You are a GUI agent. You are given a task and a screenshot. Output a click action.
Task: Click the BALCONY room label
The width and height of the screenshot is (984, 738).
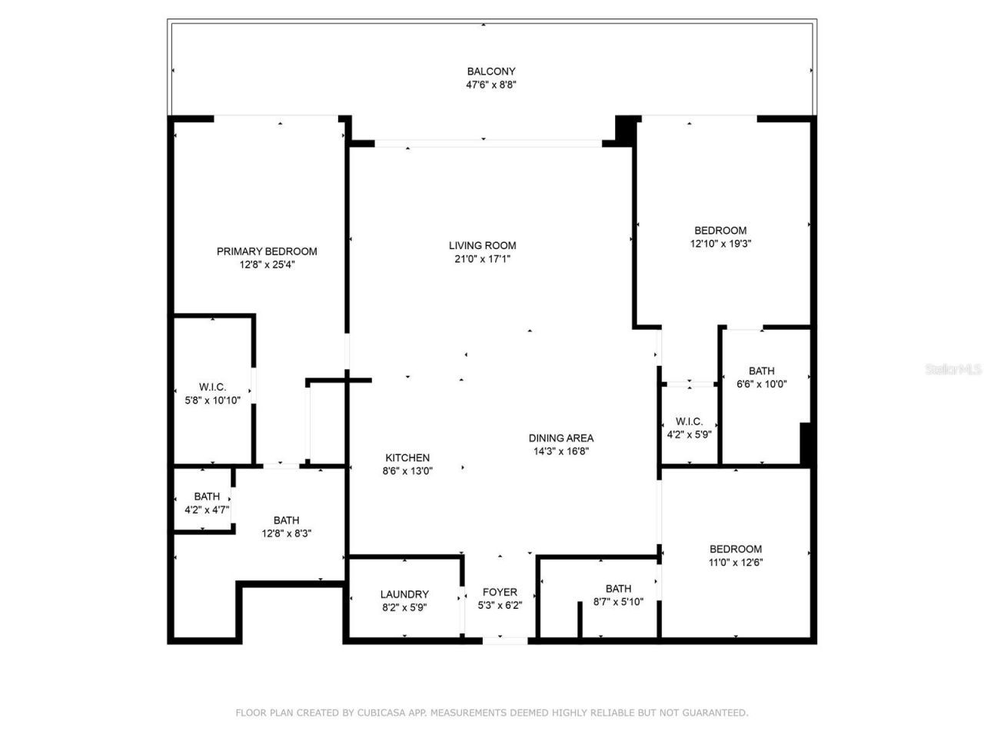tap(490, 71)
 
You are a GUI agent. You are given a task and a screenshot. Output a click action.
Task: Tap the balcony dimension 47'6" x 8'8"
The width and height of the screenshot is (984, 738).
tap(490, 85)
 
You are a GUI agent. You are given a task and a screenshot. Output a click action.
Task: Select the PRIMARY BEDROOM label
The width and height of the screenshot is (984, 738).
tap(267, 251)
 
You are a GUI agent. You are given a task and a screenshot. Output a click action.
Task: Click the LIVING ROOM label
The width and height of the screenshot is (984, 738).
tap(482, 245)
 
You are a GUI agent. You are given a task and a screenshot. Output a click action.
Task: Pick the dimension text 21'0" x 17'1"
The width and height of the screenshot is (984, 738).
tap(482, 259)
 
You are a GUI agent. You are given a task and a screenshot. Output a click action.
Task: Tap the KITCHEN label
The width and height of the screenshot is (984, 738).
tap(407, 457)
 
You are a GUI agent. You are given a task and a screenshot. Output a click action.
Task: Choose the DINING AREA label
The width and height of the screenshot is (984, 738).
tap(561, 438)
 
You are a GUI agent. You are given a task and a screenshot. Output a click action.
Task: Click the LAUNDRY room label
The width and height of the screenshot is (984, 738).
tap(404, 594)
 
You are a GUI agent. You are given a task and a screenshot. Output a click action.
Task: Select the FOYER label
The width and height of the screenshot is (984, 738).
tap(500, 592)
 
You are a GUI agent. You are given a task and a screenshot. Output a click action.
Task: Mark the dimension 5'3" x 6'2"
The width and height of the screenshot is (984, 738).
tap(500, 605)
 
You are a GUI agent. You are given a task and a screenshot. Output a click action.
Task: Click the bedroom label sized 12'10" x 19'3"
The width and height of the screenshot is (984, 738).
tap(720, 230)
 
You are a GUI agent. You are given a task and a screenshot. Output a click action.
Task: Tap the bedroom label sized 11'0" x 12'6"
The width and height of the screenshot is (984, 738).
tap(736, 549)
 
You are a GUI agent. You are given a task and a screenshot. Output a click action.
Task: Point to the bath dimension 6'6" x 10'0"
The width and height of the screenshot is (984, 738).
tap(762, 384)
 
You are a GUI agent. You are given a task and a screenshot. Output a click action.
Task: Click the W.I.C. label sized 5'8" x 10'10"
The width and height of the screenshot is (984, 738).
tap(213, 387)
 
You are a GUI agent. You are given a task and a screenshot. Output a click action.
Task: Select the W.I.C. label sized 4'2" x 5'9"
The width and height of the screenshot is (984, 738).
tap(689, 421)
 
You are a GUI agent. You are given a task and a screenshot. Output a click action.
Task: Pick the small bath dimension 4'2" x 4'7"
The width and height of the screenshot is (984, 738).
tap(207, 510)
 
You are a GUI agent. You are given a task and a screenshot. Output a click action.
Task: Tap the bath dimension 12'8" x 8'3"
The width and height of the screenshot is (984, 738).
tap(286, 534)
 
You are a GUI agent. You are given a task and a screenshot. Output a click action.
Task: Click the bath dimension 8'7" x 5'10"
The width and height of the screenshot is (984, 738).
tap(618, 603)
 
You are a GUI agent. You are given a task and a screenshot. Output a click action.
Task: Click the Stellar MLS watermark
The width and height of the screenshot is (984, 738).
tap(953, 370)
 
